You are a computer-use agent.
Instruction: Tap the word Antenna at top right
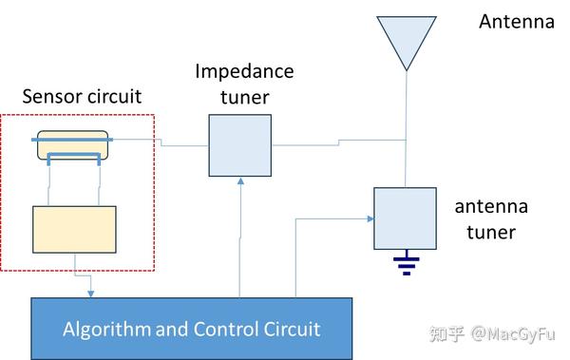tap(517, 22)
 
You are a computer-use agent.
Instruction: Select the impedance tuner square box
tap(240, 145)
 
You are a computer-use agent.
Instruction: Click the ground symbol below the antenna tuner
tap(407, 263)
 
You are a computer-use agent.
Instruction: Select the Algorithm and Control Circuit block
tap(191, 329)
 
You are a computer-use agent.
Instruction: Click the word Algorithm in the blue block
tap(106, 330)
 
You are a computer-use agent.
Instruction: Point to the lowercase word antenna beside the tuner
tap(490, 207)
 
